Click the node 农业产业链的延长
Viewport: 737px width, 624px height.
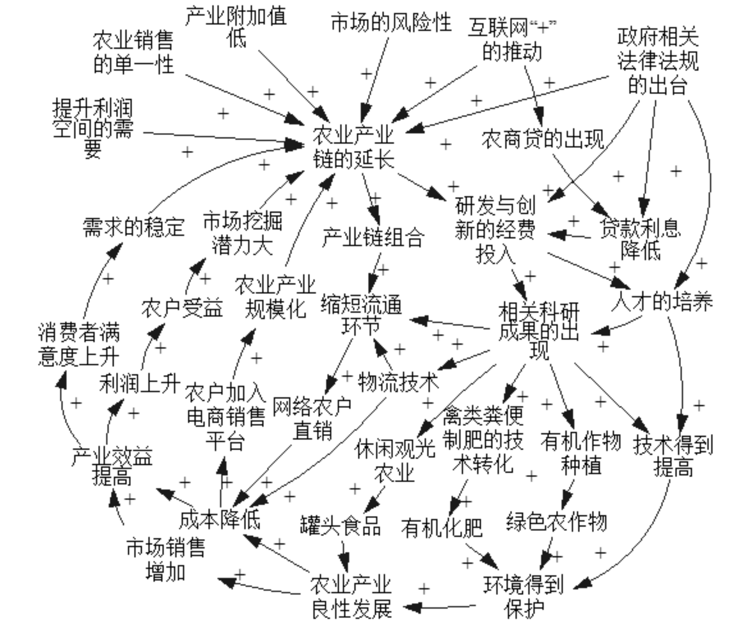[x=353, y=147]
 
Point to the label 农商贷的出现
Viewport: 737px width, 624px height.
[x=542, y=139]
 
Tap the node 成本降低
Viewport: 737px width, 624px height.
[x=219, y=519]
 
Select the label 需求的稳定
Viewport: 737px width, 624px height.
[x=134, y=227]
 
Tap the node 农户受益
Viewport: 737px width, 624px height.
[x=182, y=308]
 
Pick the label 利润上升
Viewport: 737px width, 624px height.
[x=140, y=383]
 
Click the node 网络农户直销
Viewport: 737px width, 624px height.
[x=312, y=417]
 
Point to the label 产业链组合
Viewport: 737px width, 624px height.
[x=373, y=237]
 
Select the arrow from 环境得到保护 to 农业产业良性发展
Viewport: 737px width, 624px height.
[x=439, y=608]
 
